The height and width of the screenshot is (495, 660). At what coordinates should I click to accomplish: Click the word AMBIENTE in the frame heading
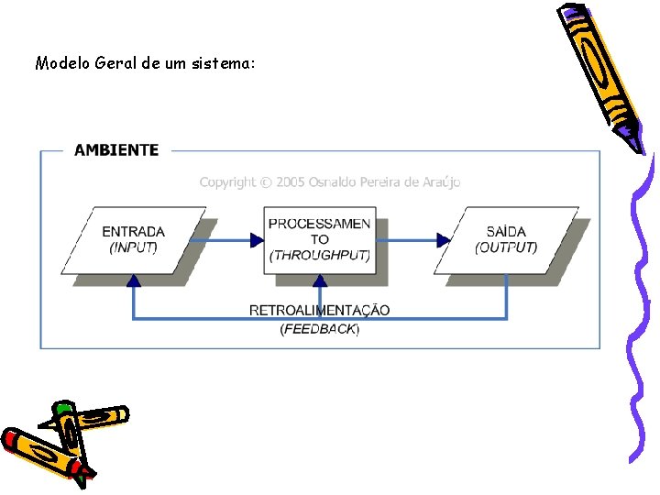(115, 150)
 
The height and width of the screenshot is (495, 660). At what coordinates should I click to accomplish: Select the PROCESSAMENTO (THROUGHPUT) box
(320, 240)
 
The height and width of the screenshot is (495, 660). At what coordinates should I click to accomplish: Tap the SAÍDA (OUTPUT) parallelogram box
(506, 240)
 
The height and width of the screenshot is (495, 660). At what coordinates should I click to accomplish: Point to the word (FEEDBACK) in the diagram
(320, 328)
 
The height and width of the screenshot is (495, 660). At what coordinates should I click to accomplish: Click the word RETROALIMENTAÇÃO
(319, 311)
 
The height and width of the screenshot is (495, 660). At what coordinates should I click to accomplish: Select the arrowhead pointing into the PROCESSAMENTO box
(258, 241)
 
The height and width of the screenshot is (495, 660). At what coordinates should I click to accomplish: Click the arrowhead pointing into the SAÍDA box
(444, 241)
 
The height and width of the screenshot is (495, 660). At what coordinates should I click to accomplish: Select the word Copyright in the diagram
(228, 182)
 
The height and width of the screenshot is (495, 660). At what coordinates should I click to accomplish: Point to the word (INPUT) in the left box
(134, 247)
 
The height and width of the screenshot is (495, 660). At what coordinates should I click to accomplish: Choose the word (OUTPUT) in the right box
(506, 247)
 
